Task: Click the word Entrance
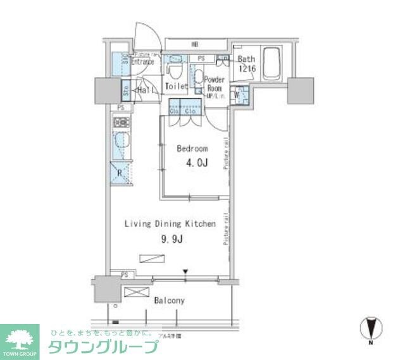pos(143,62)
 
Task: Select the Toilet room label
pos(176,86)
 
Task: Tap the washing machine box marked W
pos(239,96)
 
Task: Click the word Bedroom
pos(192,149)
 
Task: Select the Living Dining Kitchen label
pos(170,224)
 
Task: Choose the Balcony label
pos(169,301)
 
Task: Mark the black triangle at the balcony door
pos(185,273)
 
